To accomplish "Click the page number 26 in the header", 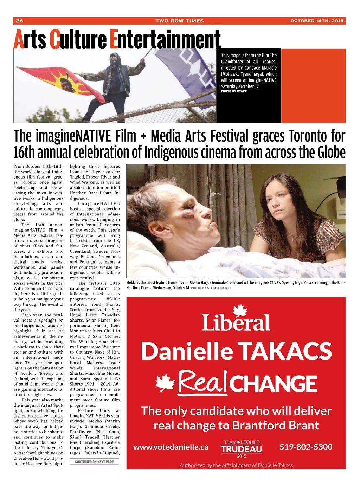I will click(20, 21).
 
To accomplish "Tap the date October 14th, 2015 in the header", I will click(317, 21).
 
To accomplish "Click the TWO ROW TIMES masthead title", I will click(179, 21).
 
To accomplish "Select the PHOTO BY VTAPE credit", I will click(234, 91).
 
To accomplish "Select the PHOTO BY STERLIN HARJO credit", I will click(211, 288).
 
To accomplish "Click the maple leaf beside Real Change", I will click(166, 383).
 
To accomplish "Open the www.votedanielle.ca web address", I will click(171, 447).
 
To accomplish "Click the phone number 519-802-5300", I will click(306, 447).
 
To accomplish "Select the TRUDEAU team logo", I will click(242, 449).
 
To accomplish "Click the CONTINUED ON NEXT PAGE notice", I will click(94, 462).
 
